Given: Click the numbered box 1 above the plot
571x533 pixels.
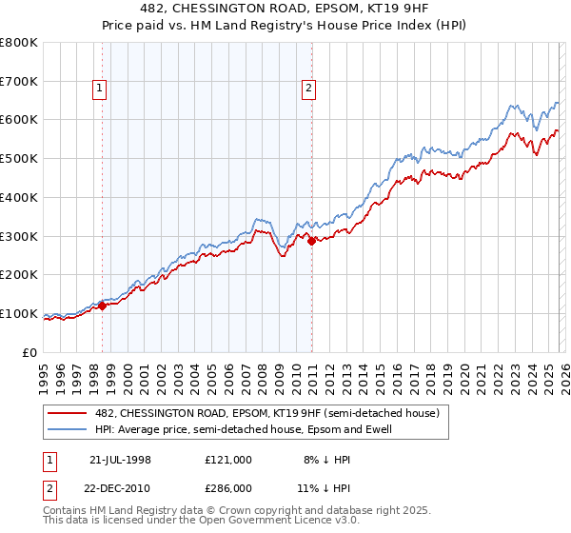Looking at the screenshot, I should pos(101,89).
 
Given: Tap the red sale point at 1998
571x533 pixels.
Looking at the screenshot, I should pos(103,306).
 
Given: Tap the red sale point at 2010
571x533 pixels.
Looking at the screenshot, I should pos(311,242).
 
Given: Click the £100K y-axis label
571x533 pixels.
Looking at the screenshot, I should pos(21,313).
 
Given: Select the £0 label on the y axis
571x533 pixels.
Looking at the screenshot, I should pos(30,352).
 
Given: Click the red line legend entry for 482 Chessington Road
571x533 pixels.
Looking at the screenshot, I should pos(266,414).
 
